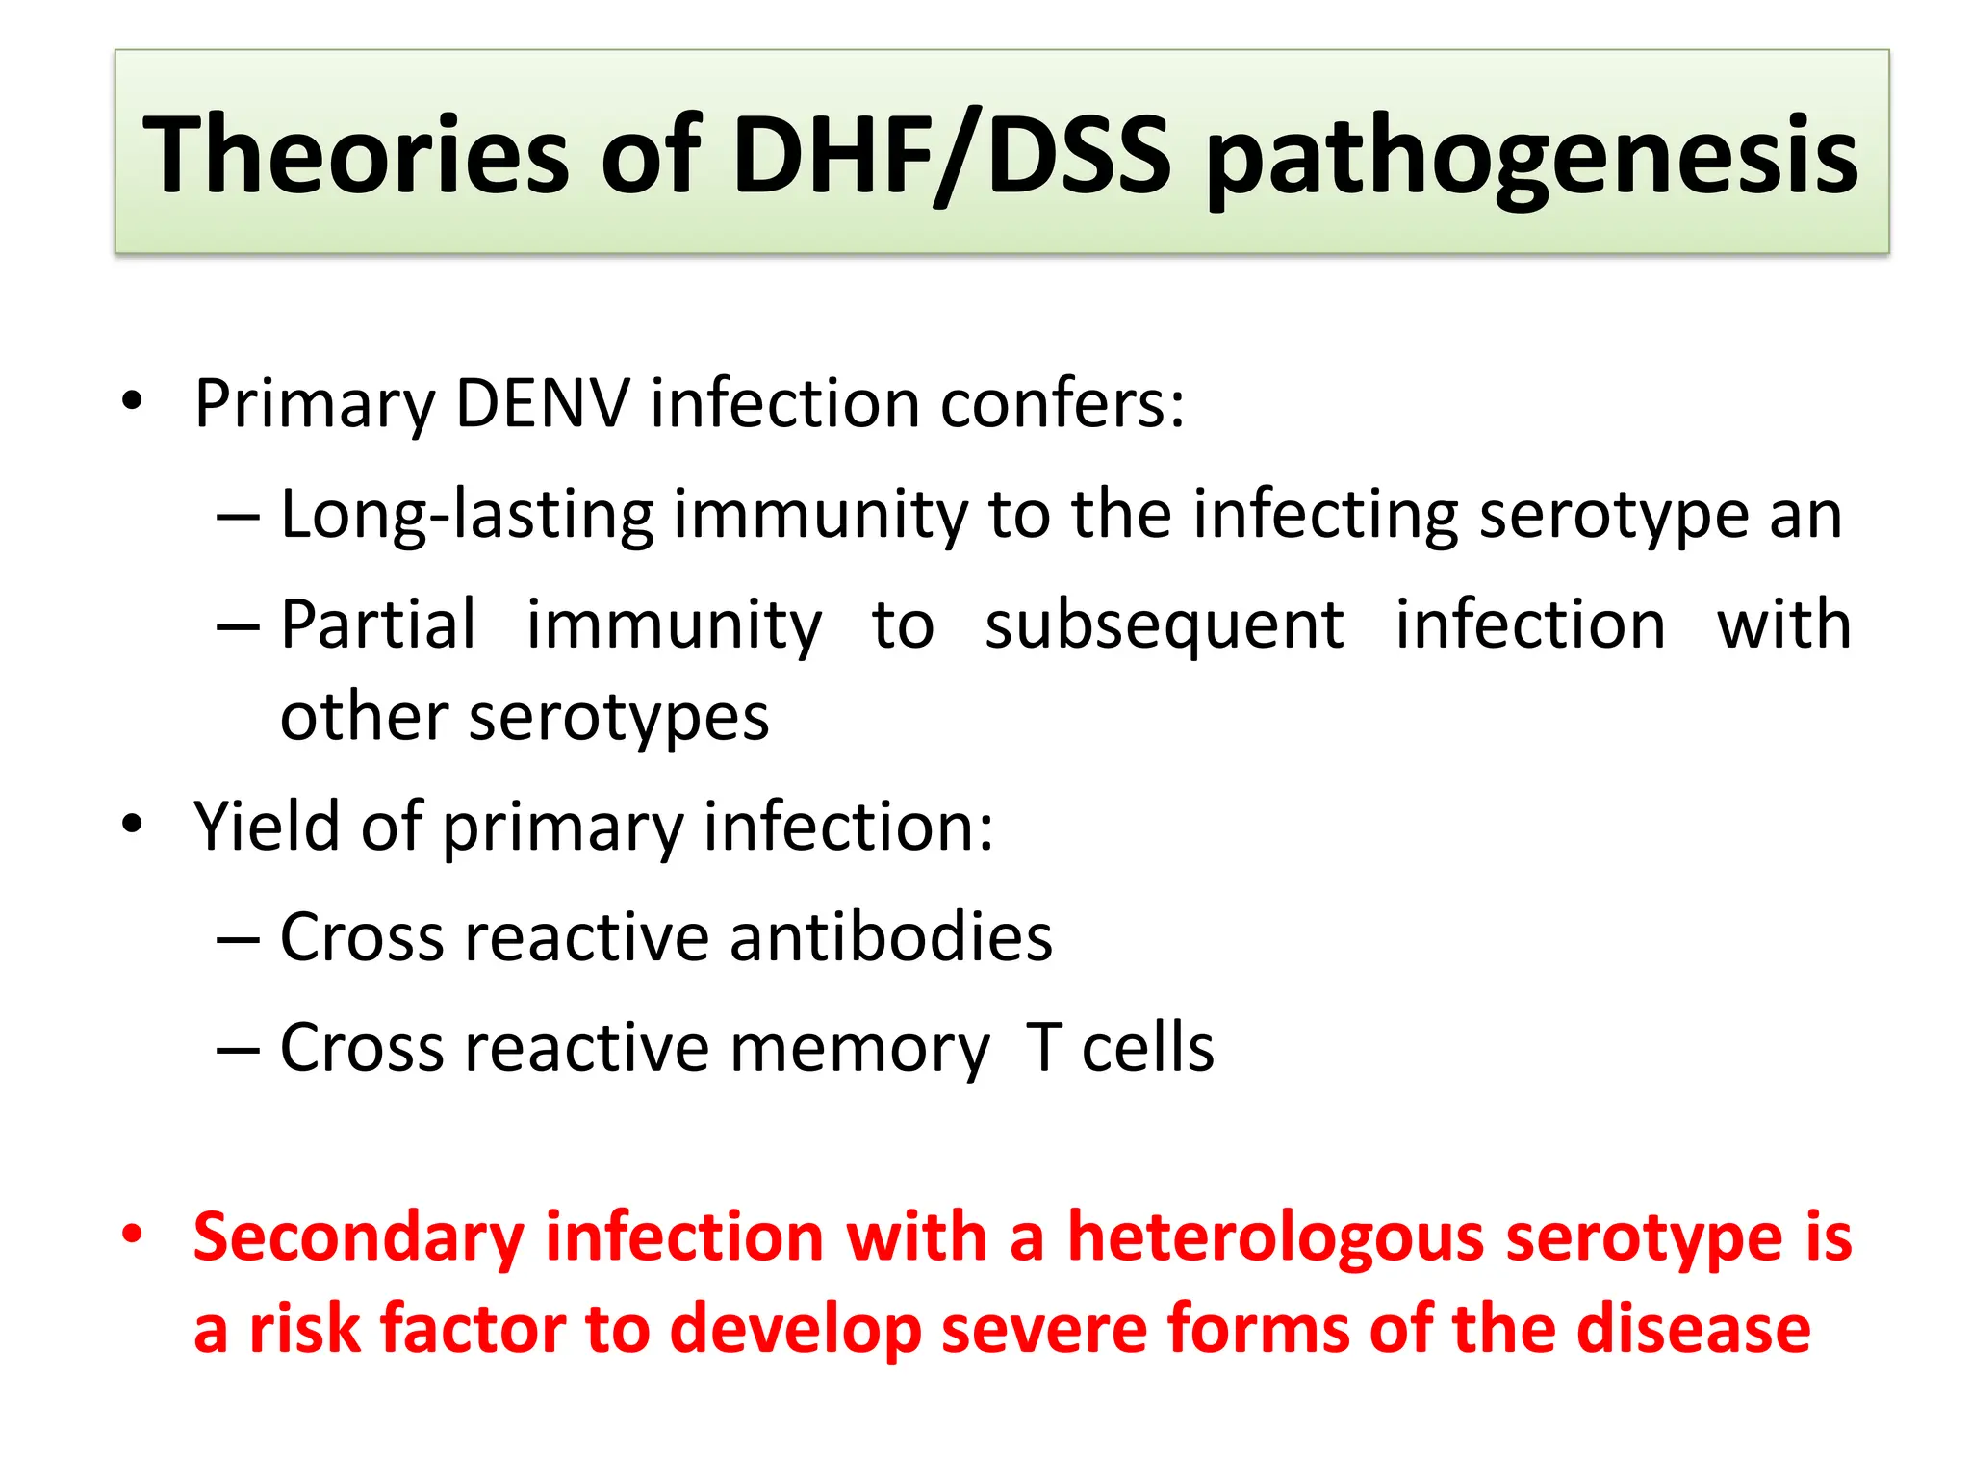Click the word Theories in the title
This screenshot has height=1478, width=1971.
tap(356, 154)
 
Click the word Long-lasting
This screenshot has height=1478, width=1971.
tap(468, 515)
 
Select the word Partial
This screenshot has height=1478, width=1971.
tap(378, 624)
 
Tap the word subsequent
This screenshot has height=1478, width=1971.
tap(1165, 626)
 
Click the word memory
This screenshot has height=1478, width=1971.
tap(859, 1049)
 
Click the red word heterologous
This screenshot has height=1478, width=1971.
tap(1276, 1238)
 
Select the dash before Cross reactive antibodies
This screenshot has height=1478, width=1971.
tap(238, 939)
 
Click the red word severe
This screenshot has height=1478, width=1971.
tap(1044, 1329)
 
